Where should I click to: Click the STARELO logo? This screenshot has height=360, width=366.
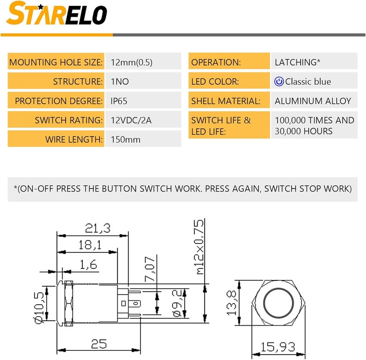point(57,13)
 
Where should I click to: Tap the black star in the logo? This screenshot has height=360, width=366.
point(41,7)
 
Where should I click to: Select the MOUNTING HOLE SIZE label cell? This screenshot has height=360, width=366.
point(56,61)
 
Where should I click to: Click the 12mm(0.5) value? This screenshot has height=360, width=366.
point(131,62)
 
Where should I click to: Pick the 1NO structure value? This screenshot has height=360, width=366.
point(120,81)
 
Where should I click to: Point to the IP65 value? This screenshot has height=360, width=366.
point(119,101)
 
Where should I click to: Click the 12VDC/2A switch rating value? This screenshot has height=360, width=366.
point(131,120)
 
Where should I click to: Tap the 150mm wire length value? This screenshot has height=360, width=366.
point(125,140)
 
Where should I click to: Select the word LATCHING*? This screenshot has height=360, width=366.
point(297,62)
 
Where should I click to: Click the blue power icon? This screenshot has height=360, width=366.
point(279,81)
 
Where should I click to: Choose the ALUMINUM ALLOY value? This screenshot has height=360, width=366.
point(313,101)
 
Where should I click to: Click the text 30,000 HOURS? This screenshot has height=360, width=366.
point(303,131)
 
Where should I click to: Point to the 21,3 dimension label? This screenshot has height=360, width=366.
point(97,228)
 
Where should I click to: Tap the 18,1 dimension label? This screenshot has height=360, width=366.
point(90,245)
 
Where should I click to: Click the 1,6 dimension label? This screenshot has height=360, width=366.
point(88,264)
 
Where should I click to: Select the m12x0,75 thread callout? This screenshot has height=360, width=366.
point(199,247)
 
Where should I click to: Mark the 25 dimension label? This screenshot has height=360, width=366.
point(99,344)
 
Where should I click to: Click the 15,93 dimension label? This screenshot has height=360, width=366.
point(278,347)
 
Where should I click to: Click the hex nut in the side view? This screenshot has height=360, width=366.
point(69,303)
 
